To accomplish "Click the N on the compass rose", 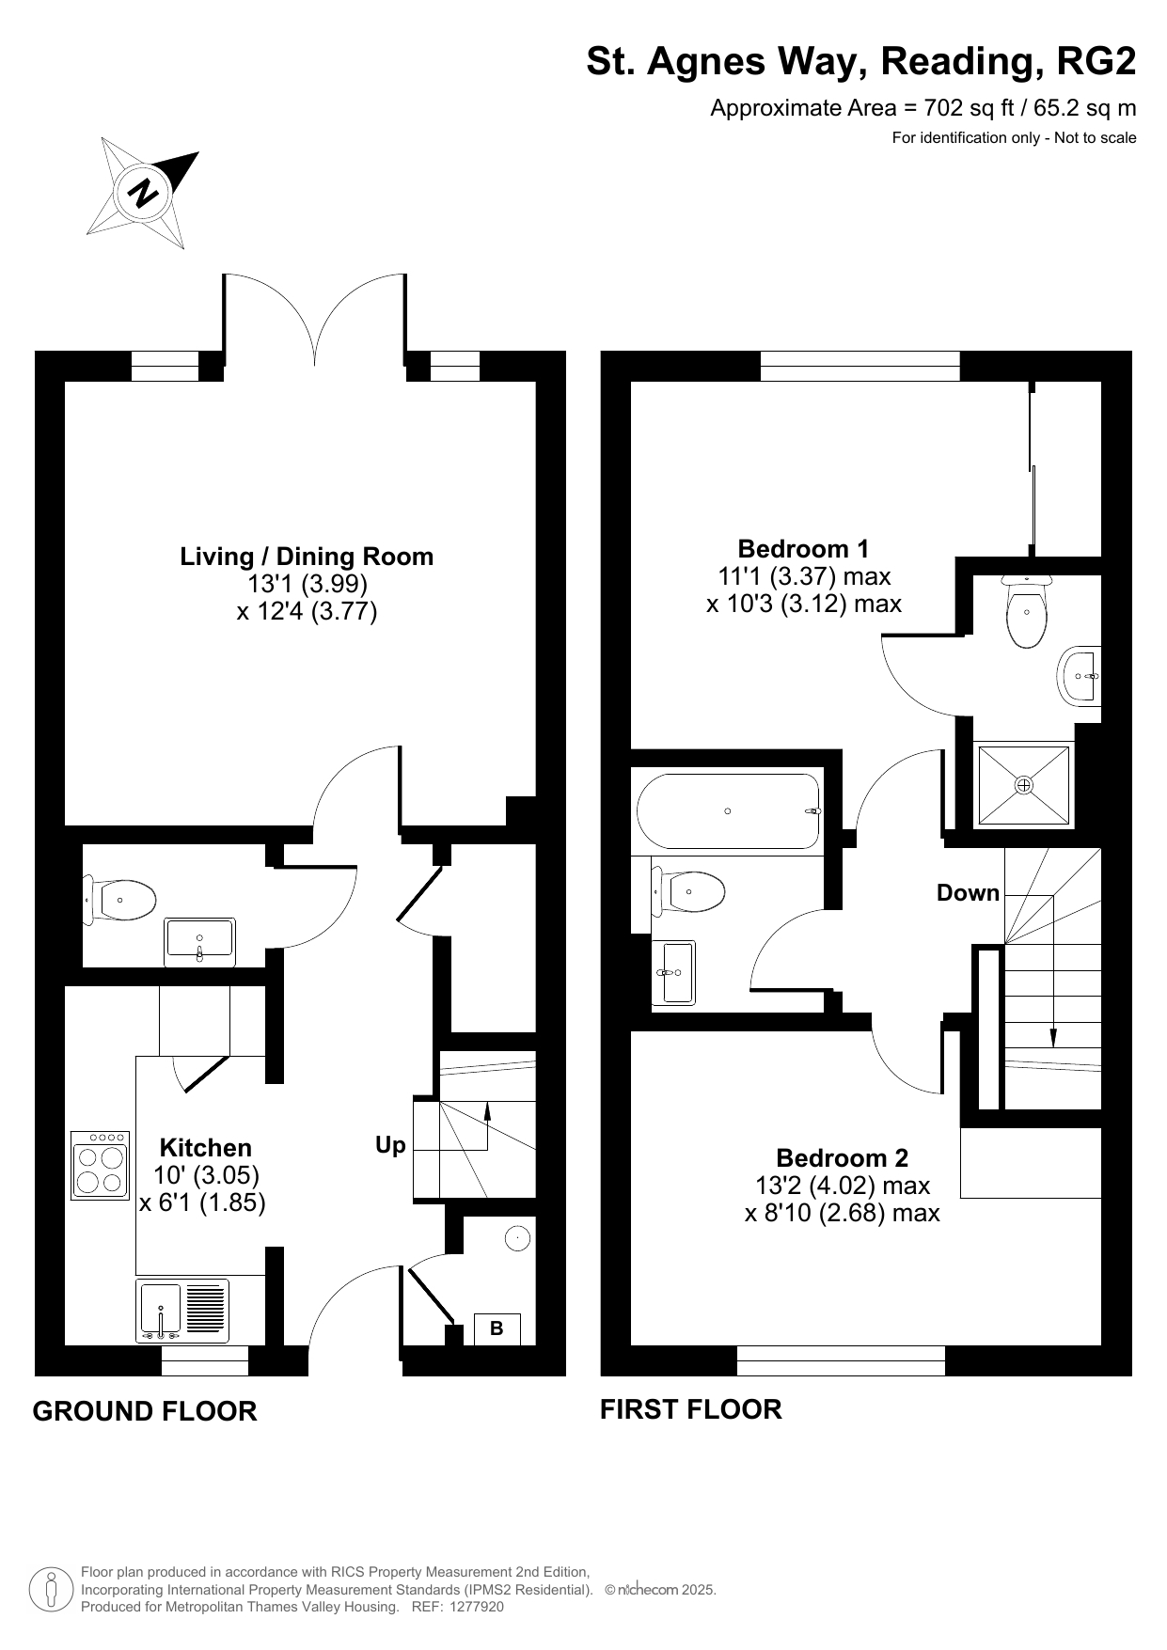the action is coord(145,193).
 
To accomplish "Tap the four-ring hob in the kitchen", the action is coord(100,1165).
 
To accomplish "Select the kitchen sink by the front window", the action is coord(183,1310).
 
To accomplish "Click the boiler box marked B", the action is coord(497,1328).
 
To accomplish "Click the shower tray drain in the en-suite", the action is coord(1024,784).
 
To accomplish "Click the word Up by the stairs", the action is coord(390,1145).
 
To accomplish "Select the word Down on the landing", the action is coord(968,892).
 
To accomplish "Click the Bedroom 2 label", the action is coord(843,1157).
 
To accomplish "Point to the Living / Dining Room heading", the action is coord(307,557).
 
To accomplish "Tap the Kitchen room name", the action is coord(206,1147).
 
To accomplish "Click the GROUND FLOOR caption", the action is coord(145,1411).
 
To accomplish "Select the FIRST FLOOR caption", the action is coord(691,1409).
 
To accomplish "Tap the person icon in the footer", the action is coord(51,1589).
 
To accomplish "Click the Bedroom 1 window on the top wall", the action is coord(859,366).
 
